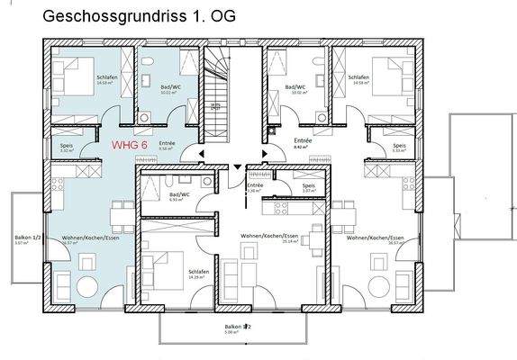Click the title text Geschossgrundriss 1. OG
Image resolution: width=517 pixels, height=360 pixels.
[x=130, y=16]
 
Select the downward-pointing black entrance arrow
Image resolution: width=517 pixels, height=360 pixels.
[x=237, y=167]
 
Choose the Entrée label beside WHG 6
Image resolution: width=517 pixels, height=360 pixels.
[x=167, y=142]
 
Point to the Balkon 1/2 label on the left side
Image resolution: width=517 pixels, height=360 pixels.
[x=23, y=238]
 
